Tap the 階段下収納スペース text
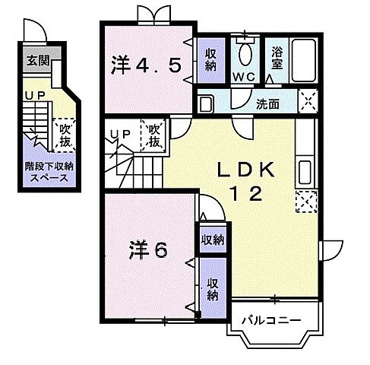pyautogui.click(x=48, y=173)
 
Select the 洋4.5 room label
pyautogui.click(x=149, y=66)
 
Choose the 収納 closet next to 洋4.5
pyautogui.click(x=210, y=59)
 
